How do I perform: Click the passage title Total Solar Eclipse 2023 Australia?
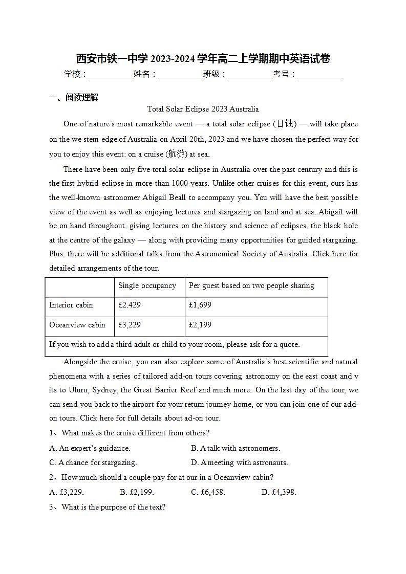[203, 109]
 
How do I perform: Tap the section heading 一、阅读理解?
[74, 98]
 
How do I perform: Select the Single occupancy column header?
[147, 285]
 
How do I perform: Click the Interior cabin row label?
[71, 305]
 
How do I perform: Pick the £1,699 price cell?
[200, 305]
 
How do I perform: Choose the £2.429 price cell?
[130, 305]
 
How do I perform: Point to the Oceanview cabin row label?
[77, 325]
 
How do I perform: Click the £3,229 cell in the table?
[130, 325]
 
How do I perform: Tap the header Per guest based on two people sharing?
[251, 285]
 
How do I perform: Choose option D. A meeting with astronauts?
[240, 462]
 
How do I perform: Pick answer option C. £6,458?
[208, 492]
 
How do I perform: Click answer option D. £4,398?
[279, 492]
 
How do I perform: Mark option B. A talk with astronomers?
[236, 448]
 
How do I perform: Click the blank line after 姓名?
[181, 75]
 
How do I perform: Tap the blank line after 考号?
[320, 75]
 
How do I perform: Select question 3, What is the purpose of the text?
[108, 507]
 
